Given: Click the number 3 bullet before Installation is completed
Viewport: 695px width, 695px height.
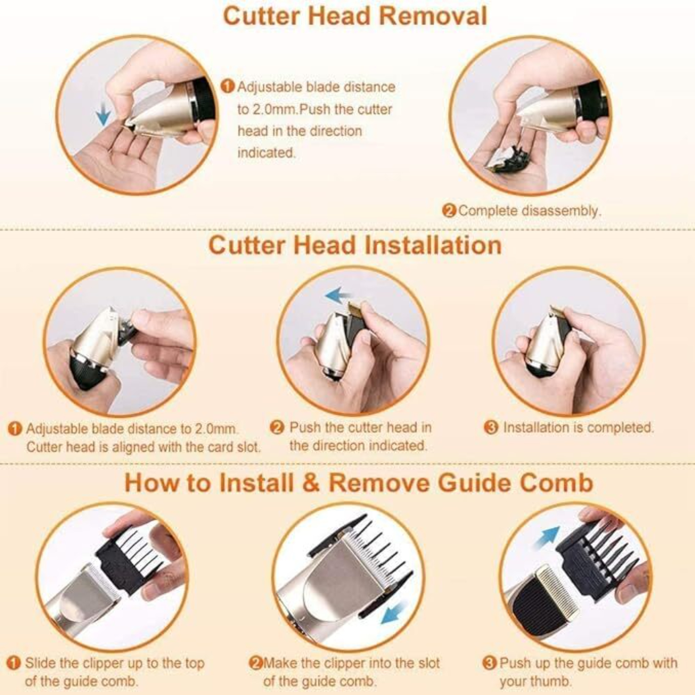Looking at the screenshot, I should pyautogui.click(x=491, y=428).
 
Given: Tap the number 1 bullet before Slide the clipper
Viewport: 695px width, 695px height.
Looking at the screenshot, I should pyautogui.click(x=14, y=663).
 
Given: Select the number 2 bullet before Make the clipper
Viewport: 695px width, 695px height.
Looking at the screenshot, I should pyautogui.click(x=256, y=663).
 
